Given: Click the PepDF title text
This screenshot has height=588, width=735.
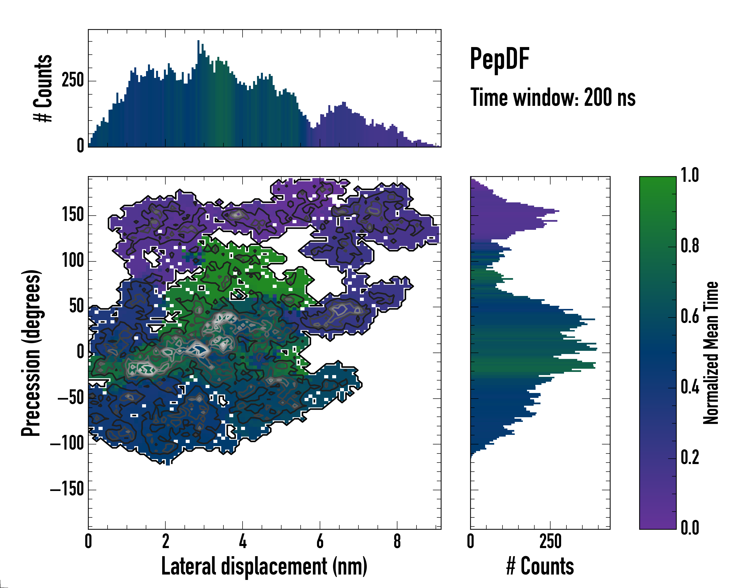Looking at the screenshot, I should coord(499,59).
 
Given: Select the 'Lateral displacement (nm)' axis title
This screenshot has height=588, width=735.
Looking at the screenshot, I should coord(264,566).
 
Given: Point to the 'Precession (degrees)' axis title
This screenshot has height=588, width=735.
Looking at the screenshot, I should coord(31,353).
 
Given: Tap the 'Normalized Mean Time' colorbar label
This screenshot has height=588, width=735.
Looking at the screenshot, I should coord(710,353).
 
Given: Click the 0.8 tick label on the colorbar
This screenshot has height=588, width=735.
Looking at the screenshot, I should coord(690,246).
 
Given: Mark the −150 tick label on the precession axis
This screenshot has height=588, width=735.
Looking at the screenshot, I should coord(67,490).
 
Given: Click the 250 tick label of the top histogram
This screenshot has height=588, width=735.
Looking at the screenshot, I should coord(73,81).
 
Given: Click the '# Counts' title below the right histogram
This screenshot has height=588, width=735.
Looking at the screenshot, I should coord(540,566).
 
